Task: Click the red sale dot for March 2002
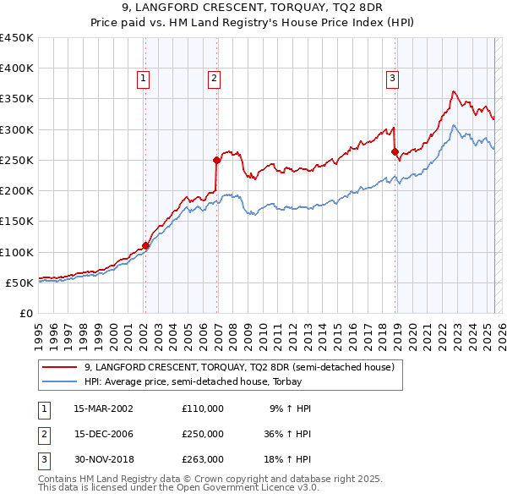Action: [145, 246]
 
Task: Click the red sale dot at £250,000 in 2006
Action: [216, 160]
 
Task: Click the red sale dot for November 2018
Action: [395, 152]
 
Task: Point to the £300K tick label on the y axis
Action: [16, 129]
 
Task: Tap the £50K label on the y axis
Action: [19, 282]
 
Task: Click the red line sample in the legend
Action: [61, 367]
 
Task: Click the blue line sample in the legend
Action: [61, 381]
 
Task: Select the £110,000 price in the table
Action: [203, 408]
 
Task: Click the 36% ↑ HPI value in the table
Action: [285, 433]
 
